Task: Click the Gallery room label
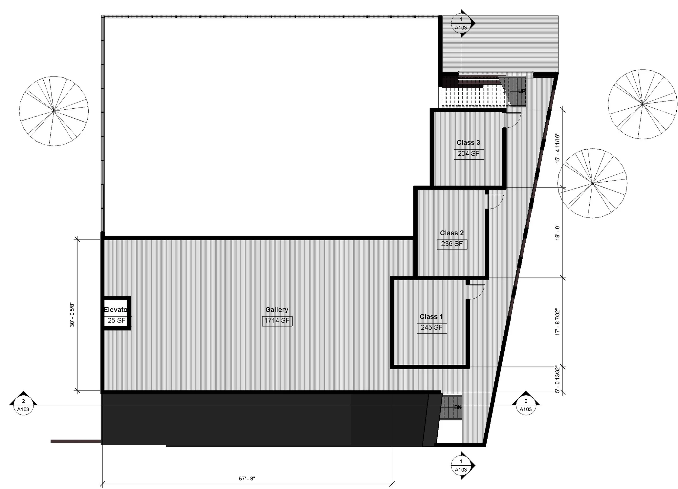pyautogui.click(x=277, y=310)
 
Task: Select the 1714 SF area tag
pyautogui.click(x=277, y=320)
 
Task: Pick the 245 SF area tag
pyautogui.click(x=431, y=327)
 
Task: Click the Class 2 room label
pyautogui.click(x=452, y=233)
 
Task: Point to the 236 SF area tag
pyautogui.click(x=452, y=244)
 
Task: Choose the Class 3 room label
pyautogui.click(x=468, y=143)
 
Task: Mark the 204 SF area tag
pyautogui.click(x=468, y=154)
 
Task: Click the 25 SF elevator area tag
pyautogui.click(x=117, y=320)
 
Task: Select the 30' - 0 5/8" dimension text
pyautogui.click(x=72, y=315)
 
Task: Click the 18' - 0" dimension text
pyautogui.click(x=557, y=232)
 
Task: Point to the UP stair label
pyautogui.click(x=521, y=91)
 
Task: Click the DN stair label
pyautogui.click(x=458, y=407)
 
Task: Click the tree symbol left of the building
pyautogui.click(x=54, y=111)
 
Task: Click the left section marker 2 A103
pyautogui.click(x=23, y=405)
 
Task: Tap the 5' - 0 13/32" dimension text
pyautogui.click(x=557, y=378)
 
